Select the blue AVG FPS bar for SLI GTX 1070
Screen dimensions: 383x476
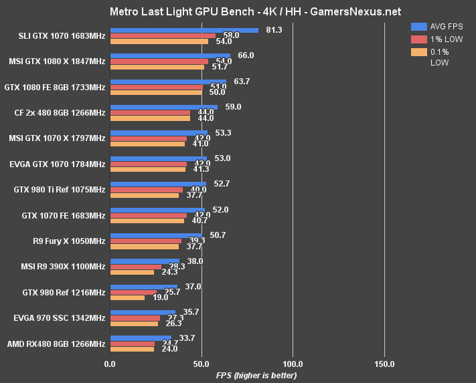tap(183, 30)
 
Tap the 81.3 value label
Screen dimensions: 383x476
tap(274, 30)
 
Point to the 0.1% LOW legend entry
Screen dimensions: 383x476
tap(438, 57)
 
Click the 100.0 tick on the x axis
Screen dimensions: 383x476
tap(293, 364)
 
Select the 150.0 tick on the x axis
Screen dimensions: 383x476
tap(384, 364)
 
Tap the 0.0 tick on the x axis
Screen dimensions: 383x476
tap(110, 364)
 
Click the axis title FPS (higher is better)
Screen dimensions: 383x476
tap(256, 375)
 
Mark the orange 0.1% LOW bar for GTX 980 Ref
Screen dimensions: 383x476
tap(127, 298)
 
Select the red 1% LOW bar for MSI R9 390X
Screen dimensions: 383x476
tap(135, 267)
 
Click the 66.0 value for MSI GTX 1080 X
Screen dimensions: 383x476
tap(246, 55)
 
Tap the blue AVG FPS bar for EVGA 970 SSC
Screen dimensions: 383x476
tap(142, 312)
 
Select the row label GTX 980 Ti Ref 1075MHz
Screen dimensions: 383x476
tap(60, 190)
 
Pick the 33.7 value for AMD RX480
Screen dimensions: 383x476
tap(187, 338)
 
